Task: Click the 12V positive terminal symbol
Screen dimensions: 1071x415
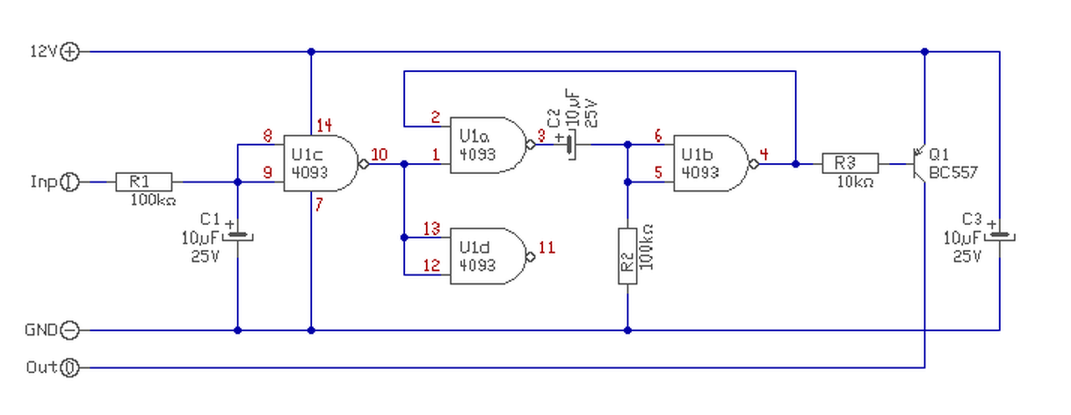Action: pyautogui.click(x=69, y=52)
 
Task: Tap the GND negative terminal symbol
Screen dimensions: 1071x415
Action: pyautogui.click(x=69, y=330)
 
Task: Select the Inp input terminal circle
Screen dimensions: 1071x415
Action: pyautogui.click(x=69, y=182)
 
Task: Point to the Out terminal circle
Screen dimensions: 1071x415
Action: pyautogui.click(x=69, y=367)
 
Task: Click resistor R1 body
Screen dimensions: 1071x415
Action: pyautogui.click(x=144, y=182)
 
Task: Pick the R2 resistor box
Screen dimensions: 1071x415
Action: pyautogui.click(x=628, y=256)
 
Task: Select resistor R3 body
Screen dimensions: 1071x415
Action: pyautogui.click(x=850, y=163)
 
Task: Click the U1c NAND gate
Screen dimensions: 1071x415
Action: pyautogui.click(x=321, y=163)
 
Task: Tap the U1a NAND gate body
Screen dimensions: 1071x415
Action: pyautogui.click(x=488, y=145)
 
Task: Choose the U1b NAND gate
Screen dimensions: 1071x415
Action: pyautogui.click(x=711, y=163)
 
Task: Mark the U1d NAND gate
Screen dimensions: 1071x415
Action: pyautogui.click(x=488, y=256)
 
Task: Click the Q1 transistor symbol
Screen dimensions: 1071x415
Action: pyautogui.click(x=919, y=164)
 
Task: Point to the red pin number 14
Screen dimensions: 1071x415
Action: pyautogui.click(x=324, y=126)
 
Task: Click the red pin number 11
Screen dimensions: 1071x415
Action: pyautogui.click(x=547, y=248)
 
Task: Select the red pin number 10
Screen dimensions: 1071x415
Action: pyautogui.click(x=379, y=155)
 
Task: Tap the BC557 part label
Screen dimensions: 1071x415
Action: pyautogui.click(x=953, y=172)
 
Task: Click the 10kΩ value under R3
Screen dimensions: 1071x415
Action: pyautogui.click(x=855, y=182)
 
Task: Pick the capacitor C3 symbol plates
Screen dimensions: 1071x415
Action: pyautogui.click(x=1000, y=236)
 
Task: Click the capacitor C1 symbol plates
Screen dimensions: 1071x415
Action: pyautogui.click(x=238, y=236)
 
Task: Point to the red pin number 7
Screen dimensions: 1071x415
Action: pyautogui.click(x=319, y=204)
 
